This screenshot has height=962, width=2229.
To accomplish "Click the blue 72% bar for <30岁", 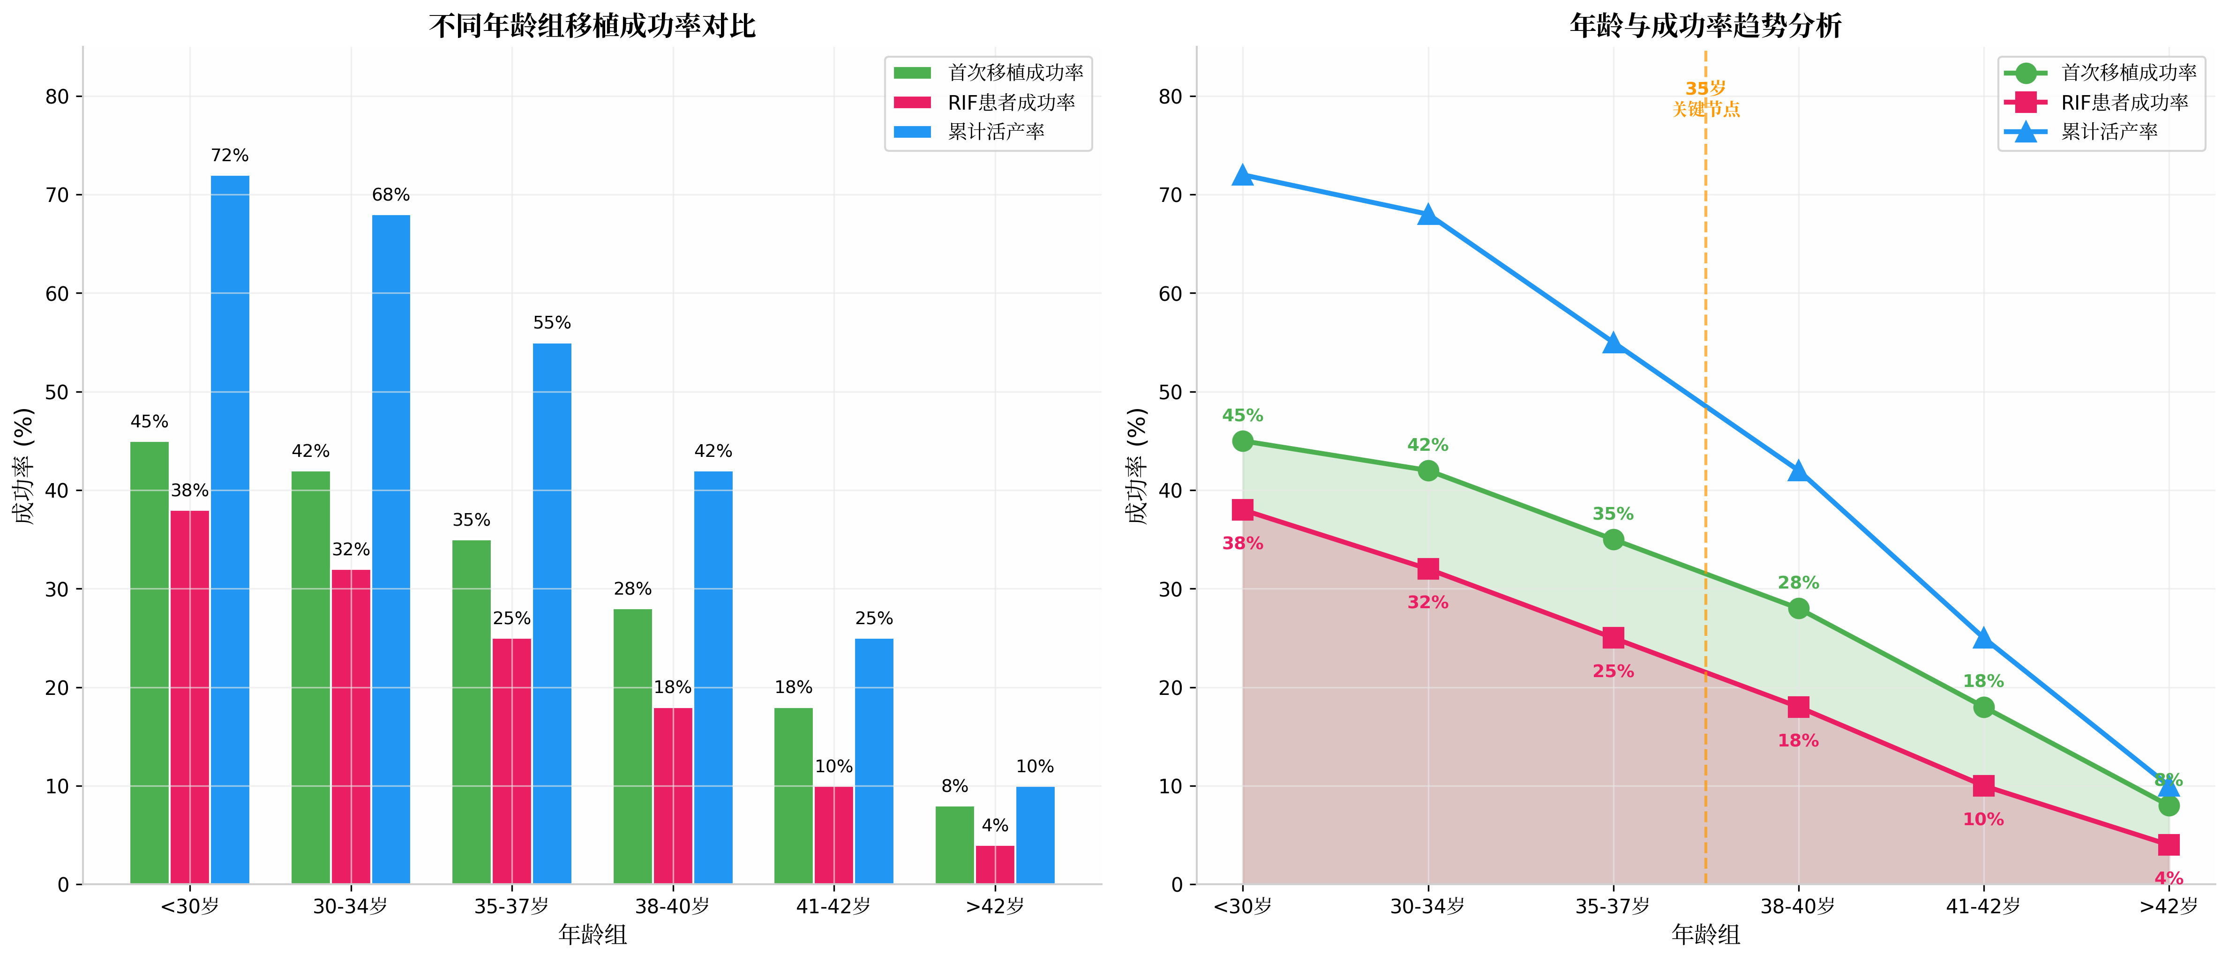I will pyautogui.click(x=230, y=529).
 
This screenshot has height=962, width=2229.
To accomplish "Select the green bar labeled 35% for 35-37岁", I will pyautogui.click(x=472, y=712).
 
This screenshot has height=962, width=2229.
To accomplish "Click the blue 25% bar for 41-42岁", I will pyautogui.click(x=874, y=761).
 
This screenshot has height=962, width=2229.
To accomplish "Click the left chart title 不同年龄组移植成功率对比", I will pyautogui.click(x=592, y=26).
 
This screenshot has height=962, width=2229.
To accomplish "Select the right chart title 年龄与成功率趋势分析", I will pyautogui.click(x=1705, y=26).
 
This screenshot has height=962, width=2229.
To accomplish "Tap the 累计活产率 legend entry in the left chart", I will pyautogui.click(x=995, y=132).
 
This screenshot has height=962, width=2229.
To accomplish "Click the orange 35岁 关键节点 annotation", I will pyautogui.click(x=1705, y=98).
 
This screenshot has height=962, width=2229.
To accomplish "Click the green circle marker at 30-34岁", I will pyautogui.click(x=1428, y=470).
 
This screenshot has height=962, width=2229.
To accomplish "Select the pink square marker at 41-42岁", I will pyautogui.click(x=1983, y=785).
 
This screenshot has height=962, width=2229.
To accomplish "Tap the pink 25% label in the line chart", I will pyautogui.click(x=1613, y=671).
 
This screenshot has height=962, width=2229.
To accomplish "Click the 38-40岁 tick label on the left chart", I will pyautogui.click(x=672, y=907).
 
